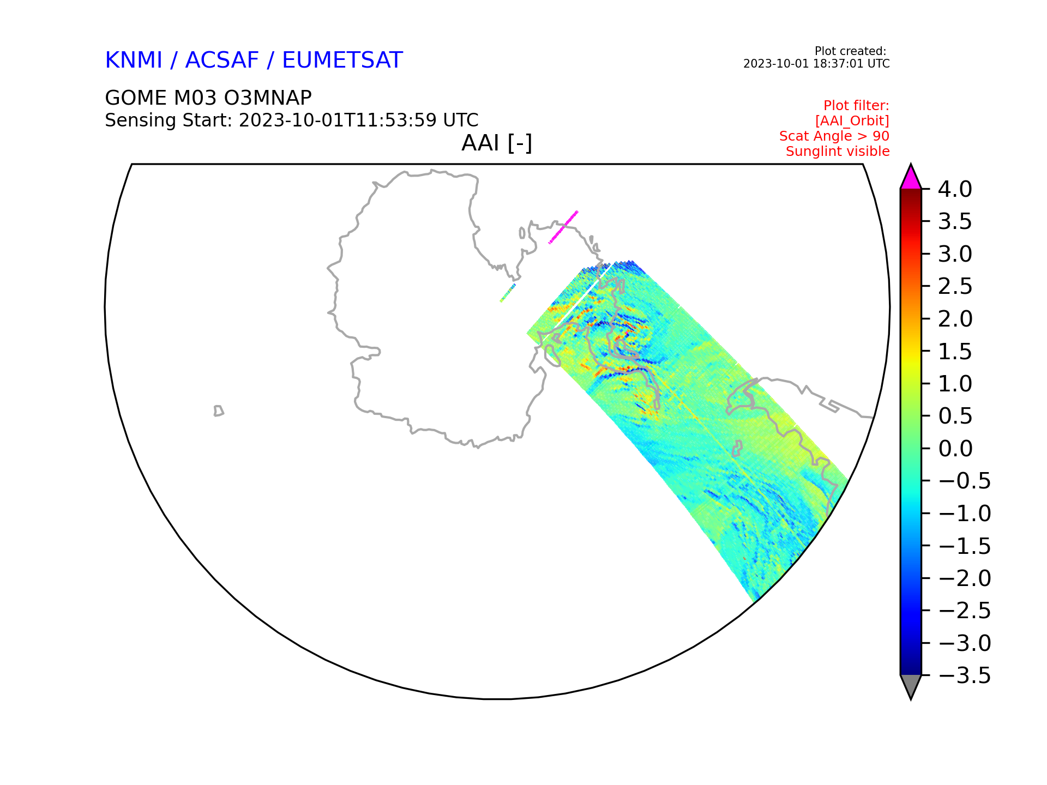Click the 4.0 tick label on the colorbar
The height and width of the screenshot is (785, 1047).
(955, 190)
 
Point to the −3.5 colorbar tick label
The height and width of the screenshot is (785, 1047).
(965, 675)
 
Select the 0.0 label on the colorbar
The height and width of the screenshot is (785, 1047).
(955, 449)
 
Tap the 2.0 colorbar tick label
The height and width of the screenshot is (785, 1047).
(955, 319)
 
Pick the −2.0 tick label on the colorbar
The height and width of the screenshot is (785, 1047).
(965, 578)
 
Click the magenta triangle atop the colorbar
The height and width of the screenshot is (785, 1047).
(911, 178)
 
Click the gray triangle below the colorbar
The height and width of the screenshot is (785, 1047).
(911, 686)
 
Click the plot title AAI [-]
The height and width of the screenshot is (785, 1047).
(497, 143)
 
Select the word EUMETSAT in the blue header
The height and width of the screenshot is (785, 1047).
(342, 60)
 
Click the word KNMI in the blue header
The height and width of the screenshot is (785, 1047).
(134, 60)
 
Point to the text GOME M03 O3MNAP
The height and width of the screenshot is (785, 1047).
(208, 98)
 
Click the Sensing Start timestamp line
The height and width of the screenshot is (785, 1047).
(292, 120)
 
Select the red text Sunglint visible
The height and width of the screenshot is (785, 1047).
(838, 152)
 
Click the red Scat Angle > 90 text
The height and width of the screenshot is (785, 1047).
(834, 136)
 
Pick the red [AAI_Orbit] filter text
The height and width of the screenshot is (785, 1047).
(852, 121)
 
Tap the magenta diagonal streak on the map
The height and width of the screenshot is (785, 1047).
(563, 227)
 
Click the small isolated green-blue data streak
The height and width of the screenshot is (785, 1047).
(508, 293)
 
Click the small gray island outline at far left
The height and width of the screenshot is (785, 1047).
(219, 411)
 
